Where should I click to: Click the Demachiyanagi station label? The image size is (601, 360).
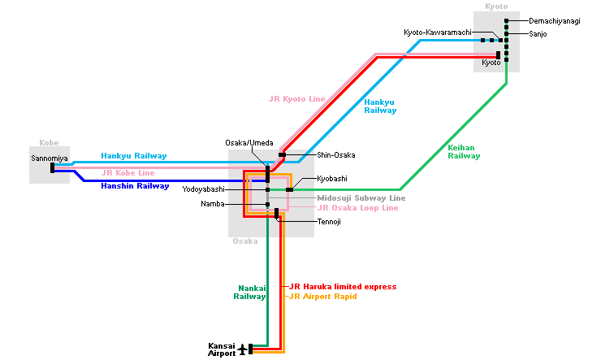(554, 21)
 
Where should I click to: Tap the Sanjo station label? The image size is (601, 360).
(538, 34)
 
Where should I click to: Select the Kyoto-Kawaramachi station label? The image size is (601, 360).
(438, 33)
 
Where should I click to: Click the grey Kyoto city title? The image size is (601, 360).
(496, 7)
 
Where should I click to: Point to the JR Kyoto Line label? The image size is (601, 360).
(296, 99)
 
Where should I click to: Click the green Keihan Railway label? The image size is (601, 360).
(464, 151)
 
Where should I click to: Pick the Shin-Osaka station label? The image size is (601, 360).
(335, 154)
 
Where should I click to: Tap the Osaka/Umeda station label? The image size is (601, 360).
(249, 143)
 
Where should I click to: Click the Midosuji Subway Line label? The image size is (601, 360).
(361, 197)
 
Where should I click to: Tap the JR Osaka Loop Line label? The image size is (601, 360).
(357, 208)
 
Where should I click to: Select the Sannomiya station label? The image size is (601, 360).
(49, 158)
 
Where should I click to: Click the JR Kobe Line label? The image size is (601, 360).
(128, 173)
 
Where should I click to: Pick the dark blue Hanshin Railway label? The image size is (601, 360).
(134, 186)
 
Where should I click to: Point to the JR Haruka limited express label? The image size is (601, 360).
(342, 287)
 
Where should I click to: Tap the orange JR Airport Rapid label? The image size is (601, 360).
(322, 297)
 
